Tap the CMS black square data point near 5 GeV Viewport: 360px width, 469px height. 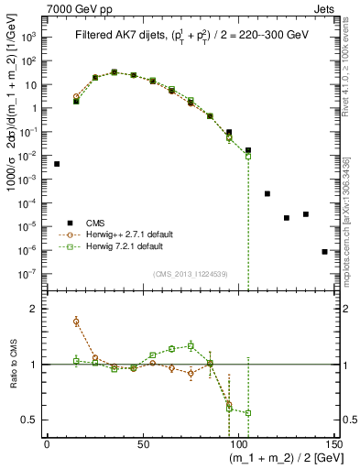[57, 164]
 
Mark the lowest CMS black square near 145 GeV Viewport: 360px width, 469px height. [325, 251]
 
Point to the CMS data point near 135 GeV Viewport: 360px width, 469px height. [306, 214]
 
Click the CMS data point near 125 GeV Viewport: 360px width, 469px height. [287, 218]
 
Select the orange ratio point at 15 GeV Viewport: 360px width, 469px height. [76, 322]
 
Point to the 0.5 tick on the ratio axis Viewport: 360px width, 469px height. [35, 420]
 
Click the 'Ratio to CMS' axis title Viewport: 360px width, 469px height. [12, 365]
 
